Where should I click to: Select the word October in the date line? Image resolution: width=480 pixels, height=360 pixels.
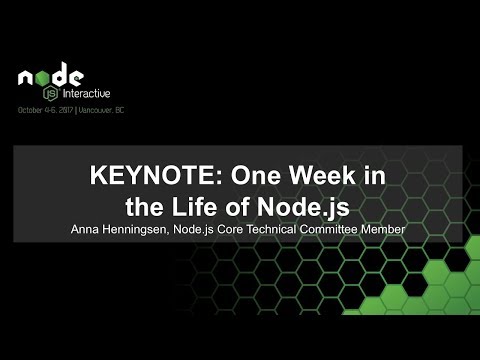pyautogui.click(x=32, y=109)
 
